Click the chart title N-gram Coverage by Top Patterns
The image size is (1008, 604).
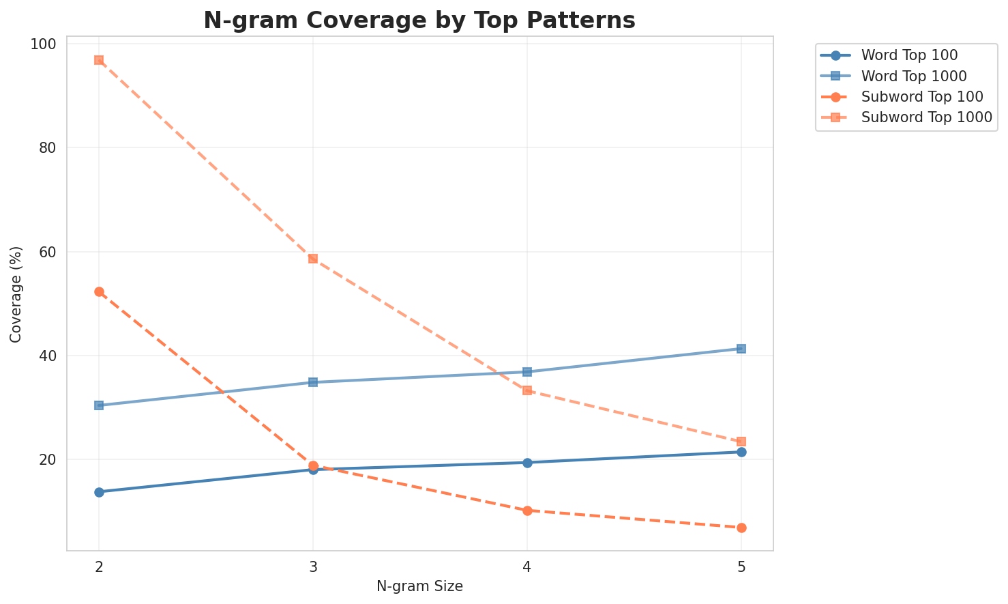[x=419, y=20]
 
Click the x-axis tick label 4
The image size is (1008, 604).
[x=527, y=567]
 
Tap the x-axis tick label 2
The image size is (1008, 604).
[x=99, y=567]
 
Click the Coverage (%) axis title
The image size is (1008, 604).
[x=16, y=294]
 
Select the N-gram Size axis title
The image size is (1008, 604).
[x=419, y=586]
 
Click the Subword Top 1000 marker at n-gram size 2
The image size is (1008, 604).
[x=99, y=60]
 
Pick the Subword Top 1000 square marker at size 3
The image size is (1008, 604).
[x=313, y=259]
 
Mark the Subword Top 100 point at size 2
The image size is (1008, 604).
[x=99, y=292]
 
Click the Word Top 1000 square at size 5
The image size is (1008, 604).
[x=741, y=349]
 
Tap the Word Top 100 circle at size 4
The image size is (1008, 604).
[x=527, y=463]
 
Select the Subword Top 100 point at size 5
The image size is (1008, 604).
[x=741, y=528]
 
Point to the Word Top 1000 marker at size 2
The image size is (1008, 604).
[x=99, y=405]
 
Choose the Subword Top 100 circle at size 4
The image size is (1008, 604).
[x=527, y=510]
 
